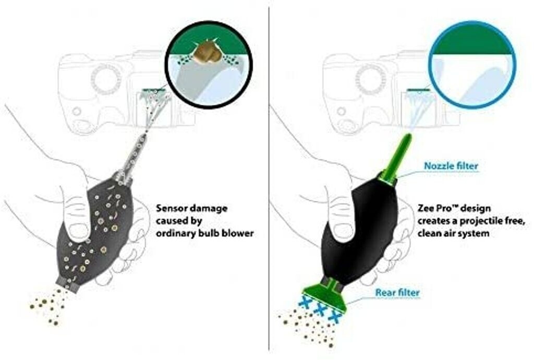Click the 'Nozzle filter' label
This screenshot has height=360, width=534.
[451, 166]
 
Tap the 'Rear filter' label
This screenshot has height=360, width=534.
[397, 293]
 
